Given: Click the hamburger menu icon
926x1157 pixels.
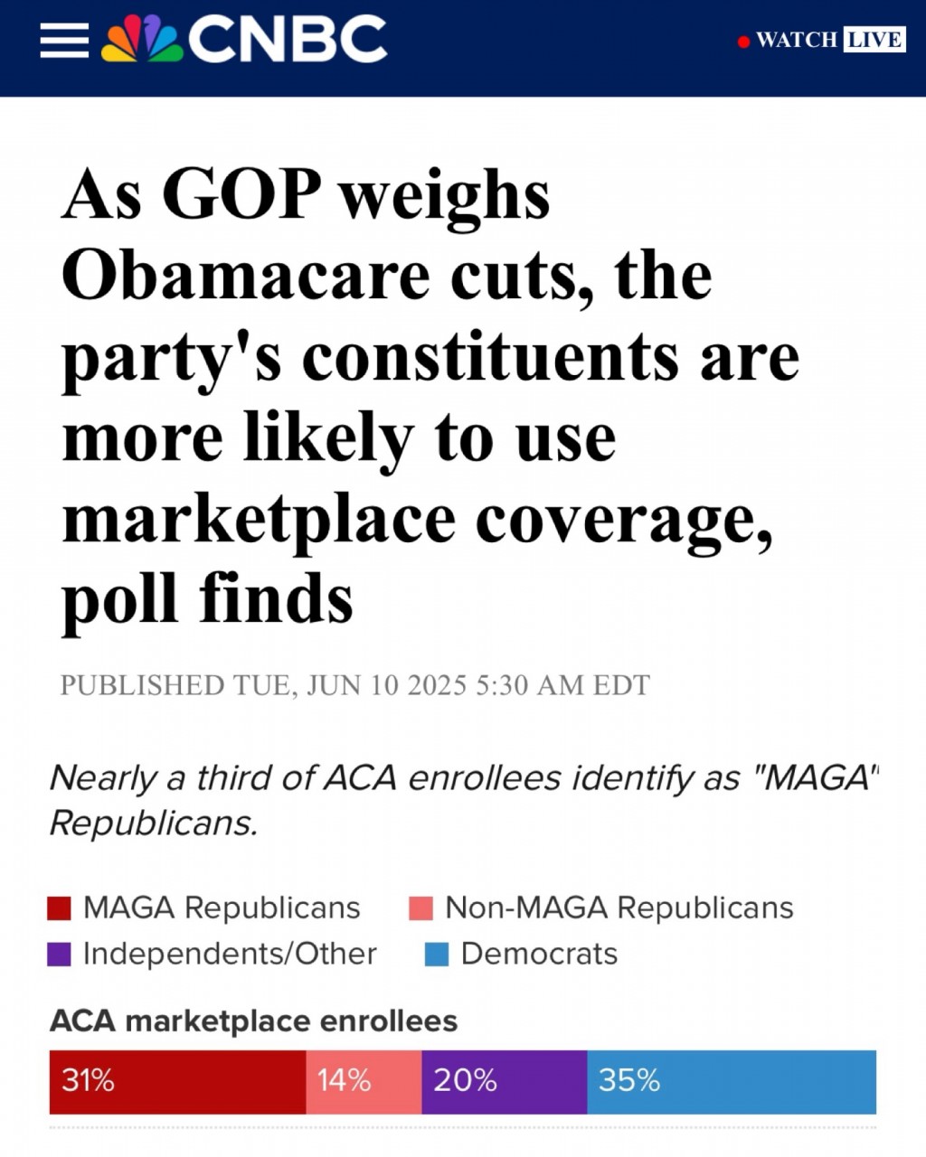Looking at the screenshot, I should tap(64, 40).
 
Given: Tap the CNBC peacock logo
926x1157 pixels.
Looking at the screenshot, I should tap(141, 40).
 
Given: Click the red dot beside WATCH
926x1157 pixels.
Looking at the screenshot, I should tap(743, 42).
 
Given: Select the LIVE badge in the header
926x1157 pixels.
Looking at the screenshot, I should tap(874, 40).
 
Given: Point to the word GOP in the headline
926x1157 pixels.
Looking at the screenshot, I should tap(241, 194).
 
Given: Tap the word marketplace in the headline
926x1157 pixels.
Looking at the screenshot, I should tap(258, 520).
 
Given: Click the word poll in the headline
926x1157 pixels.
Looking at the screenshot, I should tap(119, 600).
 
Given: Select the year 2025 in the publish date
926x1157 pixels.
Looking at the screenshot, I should tap(437, 686).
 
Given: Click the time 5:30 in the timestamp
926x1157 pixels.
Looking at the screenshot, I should tap(502, 686).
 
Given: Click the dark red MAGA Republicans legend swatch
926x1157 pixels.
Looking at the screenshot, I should tap(59, 908).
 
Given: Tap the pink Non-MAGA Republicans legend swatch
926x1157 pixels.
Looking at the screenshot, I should tap(420, 908).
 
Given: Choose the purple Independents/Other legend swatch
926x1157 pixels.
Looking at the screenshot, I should tap(59, 955).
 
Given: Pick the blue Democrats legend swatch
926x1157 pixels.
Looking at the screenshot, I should tap(437, 955).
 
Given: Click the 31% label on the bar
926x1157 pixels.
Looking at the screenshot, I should tap(88, 1080).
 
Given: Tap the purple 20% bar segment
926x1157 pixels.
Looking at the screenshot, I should tap(504, 1081).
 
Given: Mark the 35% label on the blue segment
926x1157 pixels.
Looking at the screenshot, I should tap(629, 1080).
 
